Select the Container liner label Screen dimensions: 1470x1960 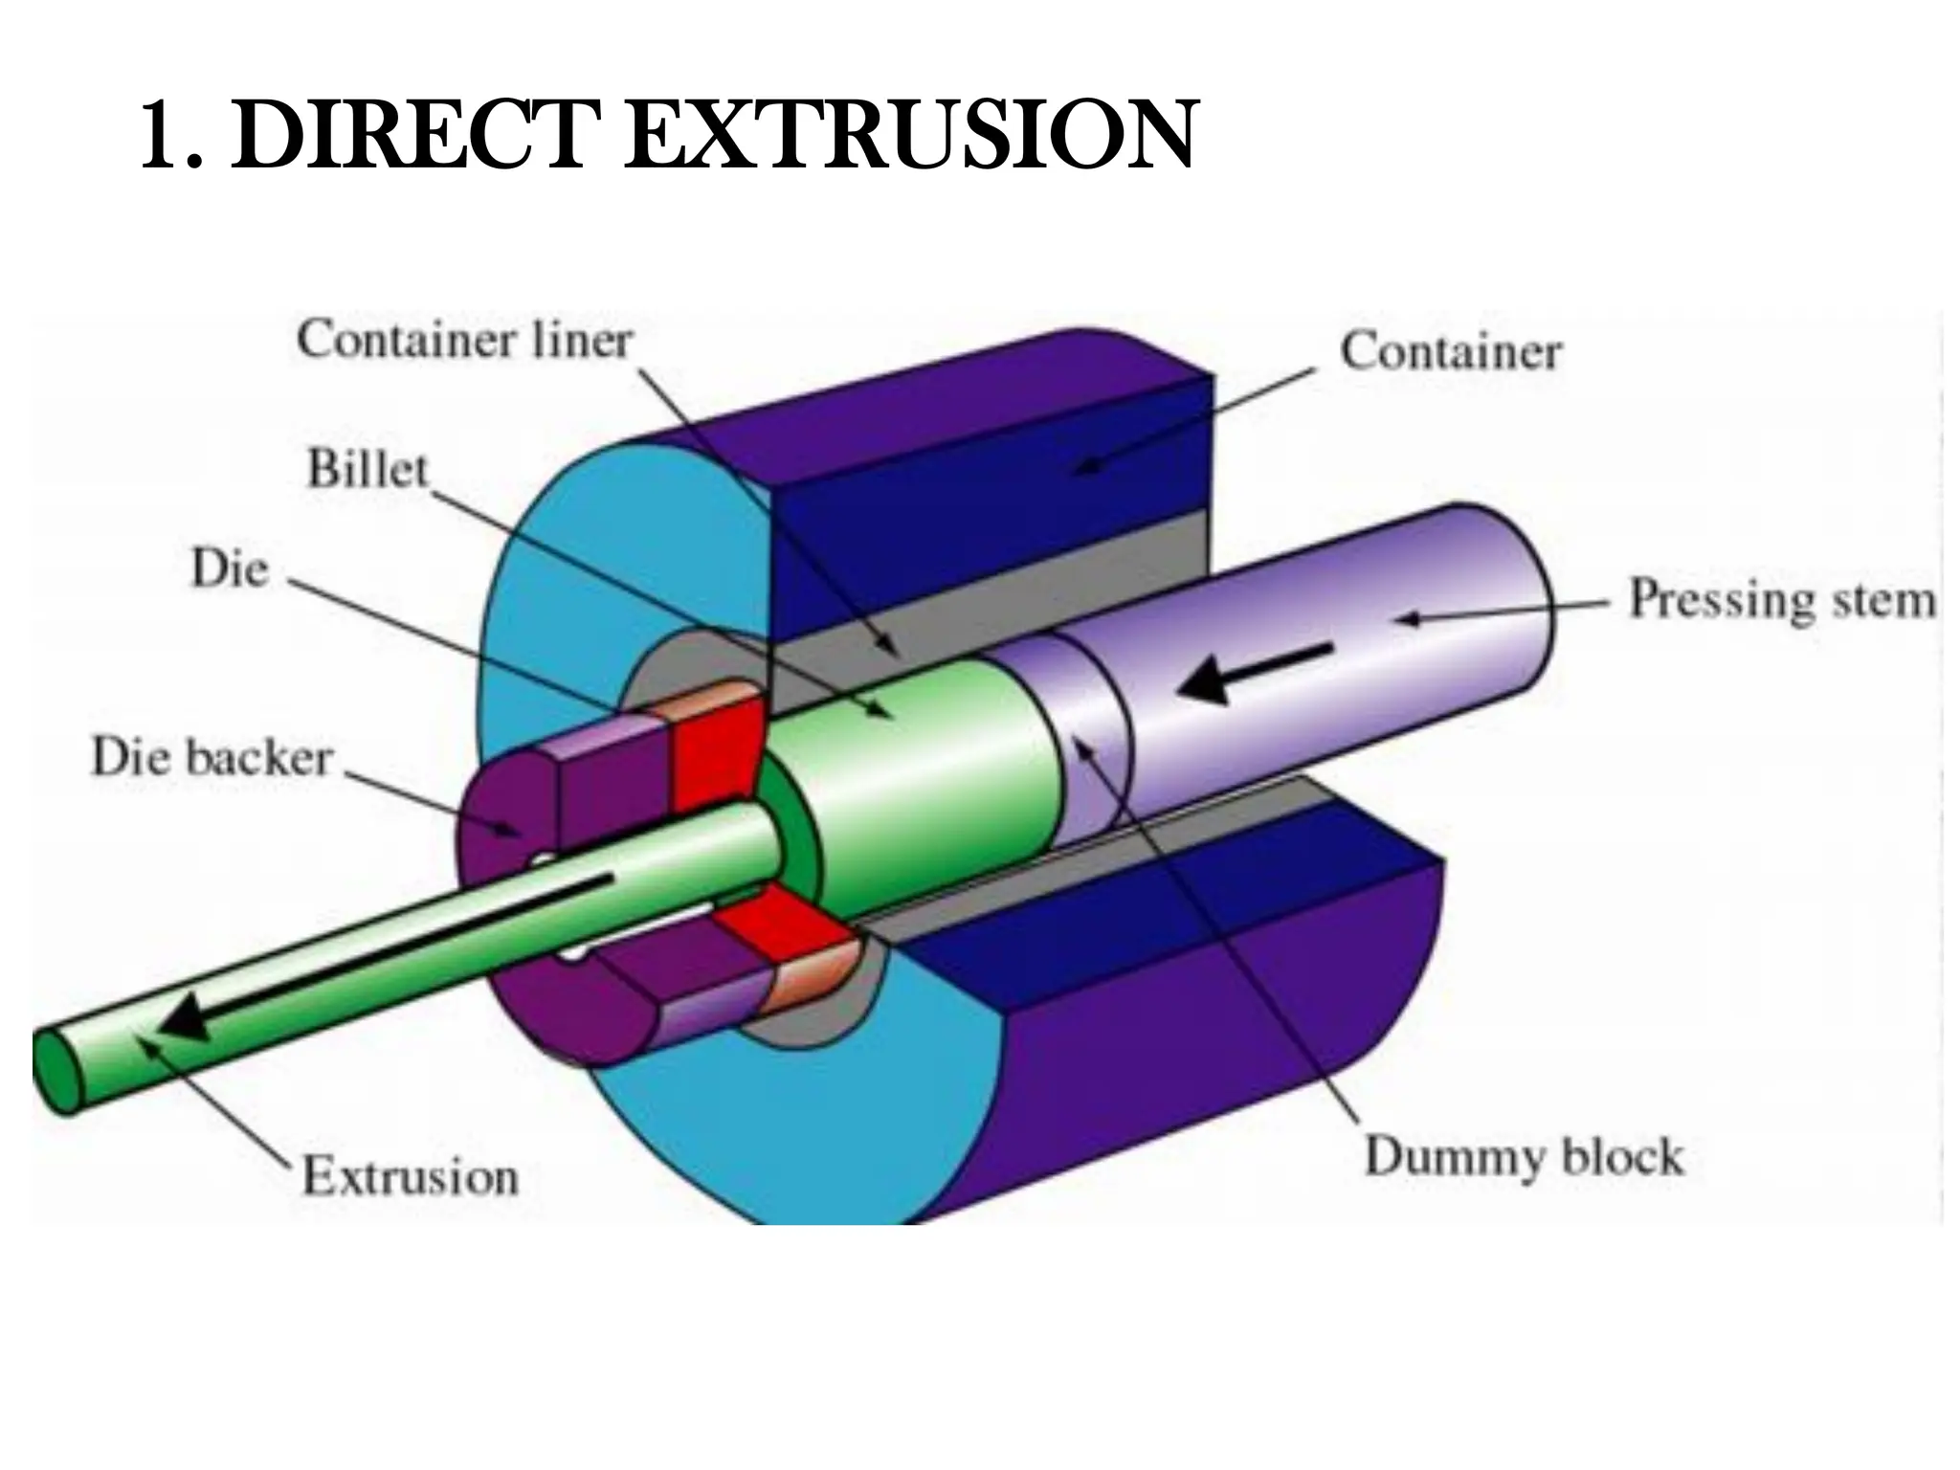coord(465,341)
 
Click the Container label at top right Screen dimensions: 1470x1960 coord(1450,351)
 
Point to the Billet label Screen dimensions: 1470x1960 coord(367,470)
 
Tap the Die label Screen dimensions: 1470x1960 coord(230,569)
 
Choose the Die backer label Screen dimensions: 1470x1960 coord(212,758)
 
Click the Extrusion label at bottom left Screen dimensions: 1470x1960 coord(411,1176)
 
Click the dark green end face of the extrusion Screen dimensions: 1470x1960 coord(57,1072)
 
